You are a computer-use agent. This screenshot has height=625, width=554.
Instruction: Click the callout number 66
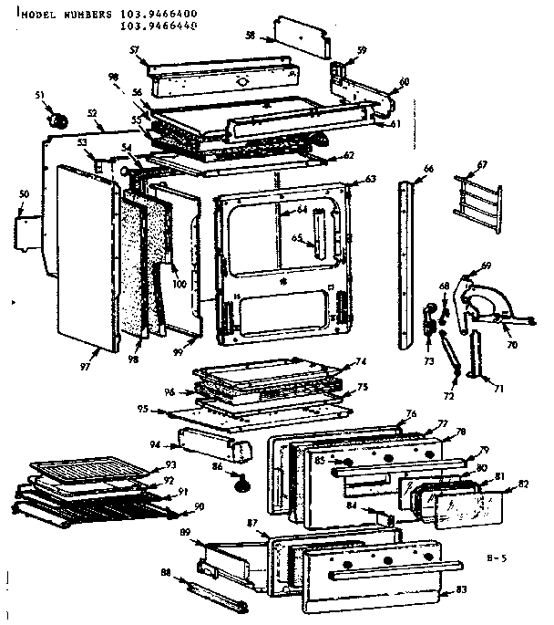[428, 169]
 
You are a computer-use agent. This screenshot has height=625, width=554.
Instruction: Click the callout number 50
[24, 195]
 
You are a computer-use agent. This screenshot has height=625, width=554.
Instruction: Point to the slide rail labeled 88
[211, 594]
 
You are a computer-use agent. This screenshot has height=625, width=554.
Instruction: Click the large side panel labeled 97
[87, 255]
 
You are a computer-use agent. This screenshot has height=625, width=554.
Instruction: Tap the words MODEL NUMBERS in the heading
[59, 15]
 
